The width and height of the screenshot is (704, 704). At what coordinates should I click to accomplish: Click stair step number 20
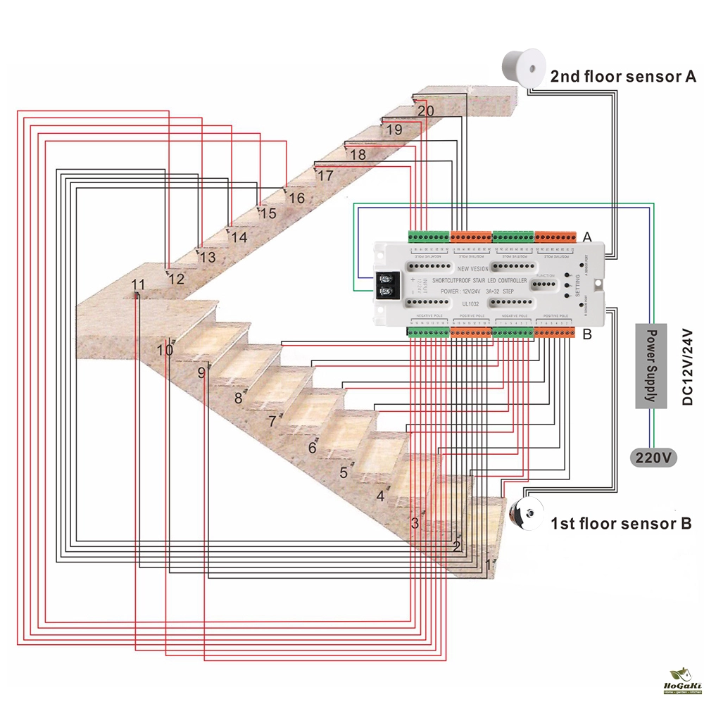425,111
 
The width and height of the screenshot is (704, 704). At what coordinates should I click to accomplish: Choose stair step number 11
138,285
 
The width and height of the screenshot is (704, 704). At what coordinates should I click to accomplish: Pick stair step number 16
296,198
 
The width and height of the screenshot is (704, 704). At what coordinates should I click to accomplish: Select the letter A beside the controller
587,237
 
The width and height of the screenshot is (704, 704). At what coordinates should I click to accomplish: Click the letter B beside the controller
587,334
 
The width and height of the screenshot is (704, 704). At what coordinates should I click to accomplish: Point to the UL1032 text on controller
470,303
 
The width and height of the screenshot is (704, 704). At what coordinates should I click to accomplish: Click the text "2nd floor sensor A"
622,77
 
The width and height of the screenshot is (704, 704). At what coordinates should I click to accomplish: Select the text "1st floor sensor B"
620,524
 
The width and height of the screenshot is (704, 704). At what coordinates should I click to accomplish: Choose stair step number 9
201,372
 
